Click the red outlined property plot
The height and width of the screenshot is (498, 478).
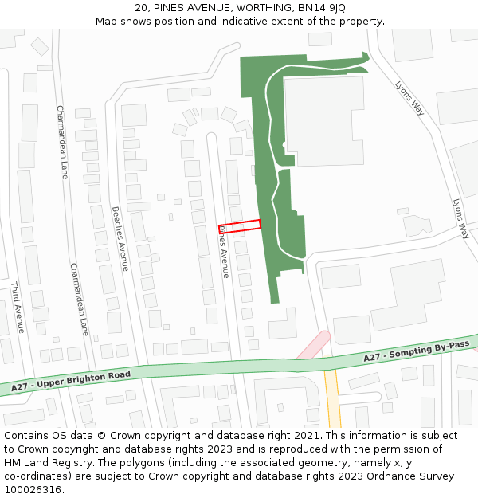coord(239,225)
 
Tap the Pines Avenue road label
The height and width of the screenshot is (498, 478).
coord(224,251)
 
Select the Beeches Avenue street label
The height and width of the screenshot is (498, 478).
coord(119,239)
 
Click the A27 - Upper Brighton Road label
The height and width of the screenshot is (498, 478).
coord(71,381)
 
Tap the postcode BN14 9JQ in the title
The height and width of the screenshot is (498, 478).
coord(326,8)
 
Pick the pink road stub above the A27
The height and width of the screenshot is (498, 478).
coord(312,345)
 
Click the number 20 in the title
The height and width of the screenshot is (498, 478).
coord(141,8)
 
